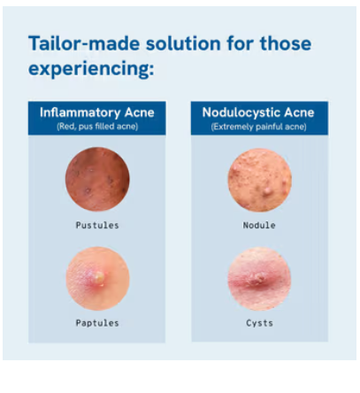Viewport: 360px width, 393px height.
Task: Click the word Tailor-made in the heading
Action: coord(84,43)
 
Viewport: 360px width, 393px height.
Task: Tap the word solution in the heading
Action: coord(183,43)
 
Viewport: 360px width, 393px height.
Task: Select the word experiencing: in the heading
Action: coord(91,69)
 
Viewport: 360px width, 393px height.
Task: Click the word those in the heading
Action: coord(286,43)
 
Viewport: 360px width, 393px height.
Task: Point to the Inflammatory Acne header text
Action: coord(97,112)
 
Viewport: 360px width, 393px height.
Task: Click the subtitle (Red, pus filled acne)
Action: coord(97,127)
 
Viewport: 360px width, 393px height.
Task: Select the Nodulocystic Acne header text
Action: coord(258,112)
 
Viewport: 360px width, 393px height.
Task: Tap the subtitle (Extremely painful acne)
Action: coord(258,127)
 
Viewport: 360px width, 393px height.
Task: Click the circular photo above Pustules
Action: coord(97,179)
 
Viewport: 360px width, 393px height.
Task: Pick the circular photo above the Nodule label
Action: coord(260,180)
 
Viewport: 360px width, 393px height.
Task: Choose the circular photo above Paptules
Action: coord(97,278)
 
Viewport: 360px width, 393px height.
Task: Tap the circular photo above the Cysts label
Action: coord(259,279)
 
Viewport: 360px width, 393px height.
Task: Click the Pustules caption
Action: coord(97,226)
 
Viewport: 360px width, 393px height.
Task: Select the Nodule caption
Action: coord(259,226)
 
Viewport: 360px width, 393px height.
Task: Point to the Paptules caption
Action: coord(97,323)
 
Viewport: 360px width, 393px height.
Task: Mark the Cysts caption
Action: coord(259,323)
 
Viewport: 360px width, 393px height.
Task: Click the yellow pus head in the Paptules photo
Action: coord(99,278)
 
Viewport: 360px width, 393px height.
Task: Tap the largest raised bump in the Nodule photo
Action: coord(267,190)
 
